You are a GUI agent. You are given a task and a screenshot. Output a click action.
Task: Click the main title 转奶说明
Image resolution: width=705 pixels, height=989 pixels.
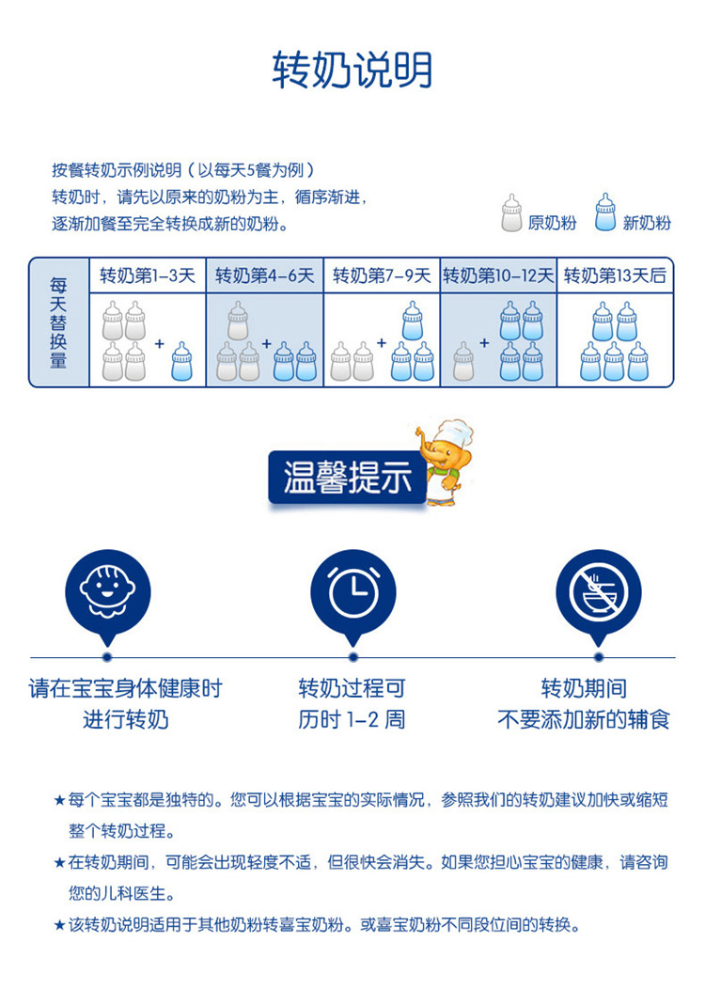352,70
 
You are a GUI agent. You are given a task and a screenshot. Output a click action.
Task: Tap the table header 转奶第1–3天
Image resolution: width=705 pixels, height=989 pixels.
148,275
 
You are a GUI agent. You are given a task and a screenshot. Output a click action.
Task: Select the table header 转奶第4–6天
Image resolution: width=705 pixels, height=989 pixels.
265,275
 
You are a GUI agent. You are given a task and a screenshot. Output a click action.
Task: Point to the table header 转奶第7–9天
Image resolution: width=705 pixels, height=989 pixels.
382,275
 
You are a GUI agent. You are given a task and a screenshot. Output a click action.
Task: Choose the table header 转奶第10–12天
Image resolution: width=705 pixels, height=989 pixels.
498,275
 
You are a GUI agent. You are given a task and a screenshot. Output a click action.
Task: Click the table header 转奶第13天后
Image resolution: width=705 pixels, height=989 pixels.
615,275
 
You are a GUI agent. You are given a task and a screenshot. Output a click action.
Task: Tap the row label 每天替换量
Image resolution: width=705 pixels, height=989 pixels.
58,323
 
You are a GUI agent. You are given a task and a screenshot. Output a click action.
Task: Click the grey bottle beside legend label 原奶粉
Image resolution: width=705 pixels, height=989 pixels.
511,212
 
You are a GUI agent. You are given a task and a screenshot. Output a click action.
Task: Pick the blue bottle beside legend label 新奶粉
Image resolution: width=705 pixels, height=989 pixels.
605,212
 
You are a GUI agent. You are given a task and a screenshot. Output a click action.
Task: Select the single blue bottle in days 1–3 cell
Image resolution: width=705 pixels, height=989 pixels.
181,361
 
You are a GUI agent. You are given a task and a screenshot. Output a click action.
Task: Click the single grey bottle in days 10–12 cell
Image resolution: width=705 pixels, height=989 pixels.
463,361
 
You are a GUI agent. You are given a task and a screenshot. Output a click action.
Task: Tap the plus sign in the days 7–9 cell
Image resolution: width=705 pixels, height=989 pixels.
381,343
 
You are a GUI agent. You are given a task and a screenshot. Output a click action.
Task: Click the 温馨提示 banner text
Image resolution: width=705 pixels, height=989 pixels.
348,478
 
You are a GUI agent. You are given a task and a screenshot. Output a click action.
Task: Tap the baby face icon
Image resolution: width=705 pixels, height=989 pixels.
108,590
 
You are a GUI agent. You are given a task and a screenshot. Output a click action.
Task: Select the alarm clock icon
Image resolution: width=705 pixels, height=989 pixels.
353,591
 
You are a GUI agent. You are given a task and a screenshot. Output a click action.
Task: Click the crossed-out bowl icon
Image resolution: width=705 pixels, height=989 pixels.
599,591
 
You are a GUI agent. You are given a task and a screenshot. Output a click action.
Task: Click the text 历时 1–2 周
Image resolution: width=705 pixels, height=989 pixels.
352,719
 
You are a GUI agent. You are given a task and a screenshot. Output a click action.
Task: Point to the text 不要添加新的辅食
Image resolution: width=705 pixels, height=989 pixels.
584,719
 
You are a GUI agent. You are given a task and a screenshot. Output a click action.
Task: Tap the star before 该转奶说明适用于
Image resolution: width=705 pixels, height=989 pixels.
59,925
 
